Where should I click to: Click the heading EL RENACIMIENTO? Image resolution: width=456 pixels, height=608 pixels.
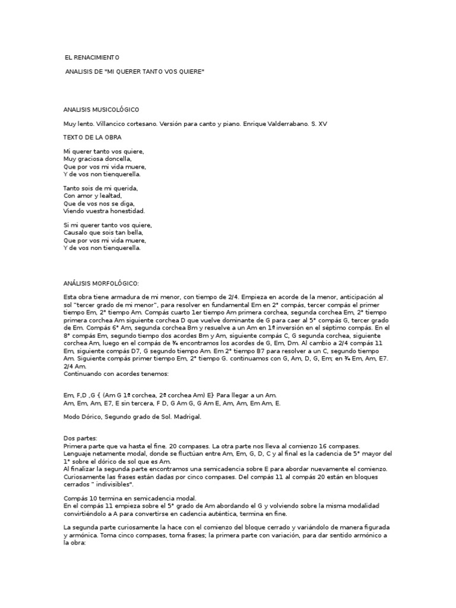(x=92, y=58)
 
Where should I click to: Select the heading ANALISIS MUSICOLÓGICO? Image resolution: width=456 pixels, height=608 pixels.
(x=101, y=110)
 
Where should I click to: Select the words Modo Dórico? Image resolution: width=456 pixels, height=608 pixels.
(x=82, y=417)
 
